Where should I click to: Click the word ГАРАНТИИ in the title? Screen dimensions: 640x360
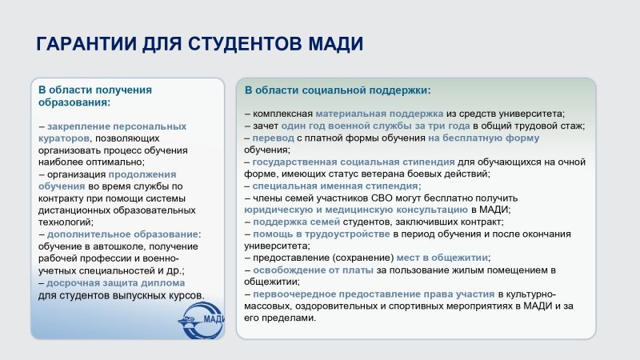tap(86, 44)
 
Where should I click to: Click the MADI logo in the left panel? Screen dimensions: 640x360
tap(202, 321)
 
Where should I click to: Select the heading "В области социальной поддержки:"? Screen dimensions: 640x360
tap(338, 90)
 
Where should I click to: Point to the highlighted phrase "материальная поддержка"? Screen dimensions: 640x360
tap(379, 114)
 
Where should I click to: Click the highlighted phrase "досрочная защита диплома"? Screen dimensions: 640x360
tap(115, 283)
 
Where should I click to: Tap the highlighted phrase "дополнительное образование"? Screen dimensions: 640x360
tap(122, 234)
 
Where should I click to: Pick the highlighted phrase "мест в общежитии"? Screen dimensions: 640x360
tap(442, 258)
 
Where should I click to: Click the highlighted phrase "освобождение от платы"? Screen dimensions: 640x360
tap(313, 270)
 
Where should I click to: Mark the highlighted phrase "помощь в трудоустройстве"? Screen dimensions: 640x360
tap(322, 234)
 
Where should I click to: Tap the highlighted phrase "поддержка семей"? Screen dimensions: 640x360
tap(296, 222)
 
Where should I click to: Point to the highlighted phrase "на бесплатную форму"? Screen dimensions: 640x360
tap(484, 138)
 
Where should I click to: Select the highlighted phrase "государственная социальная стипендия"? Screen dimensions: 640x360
tap(354, 162)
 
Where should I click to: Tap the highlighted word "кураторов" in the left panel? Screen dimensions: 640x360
tap(64, 138)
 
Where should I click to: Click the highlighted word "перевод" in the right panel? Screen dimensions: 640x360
tap(273, 138)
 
